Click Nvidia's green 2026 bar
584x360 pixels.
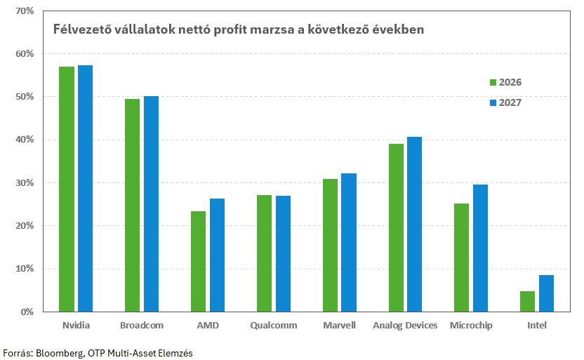click(x=67, y=189)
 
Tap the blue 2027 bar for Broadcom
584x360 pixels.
click(x=151, y=204)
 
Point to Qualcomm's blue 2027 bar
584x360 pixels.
click(x=283, y=253)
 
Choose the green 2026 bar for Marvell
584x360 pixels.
click(x=330, y=245)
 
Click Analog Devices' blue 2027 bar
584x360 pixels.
click(x=414, y=224)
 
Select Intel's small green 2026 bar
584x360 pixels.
click(x=527, y=301)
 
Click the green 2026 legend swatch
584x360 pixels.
click(x=493, y=82)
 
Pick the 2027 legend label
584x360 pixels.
click(x=510, y=102)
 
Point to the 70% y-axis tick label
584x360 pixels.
click(x=24, y=11)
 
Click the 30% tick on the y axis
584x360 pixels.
click(x=24, y=183)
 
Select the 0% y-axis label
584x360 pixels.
click(x=27, y=312)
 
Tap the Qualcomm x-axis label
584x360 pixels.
click(x=273, y=326)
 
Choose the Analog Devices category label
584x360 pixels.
click(x=405, y=326)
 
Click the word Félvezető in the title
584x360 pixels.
click(x=80, y=30)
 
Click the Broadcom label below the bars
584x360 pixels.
click(x=141, y=326)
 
